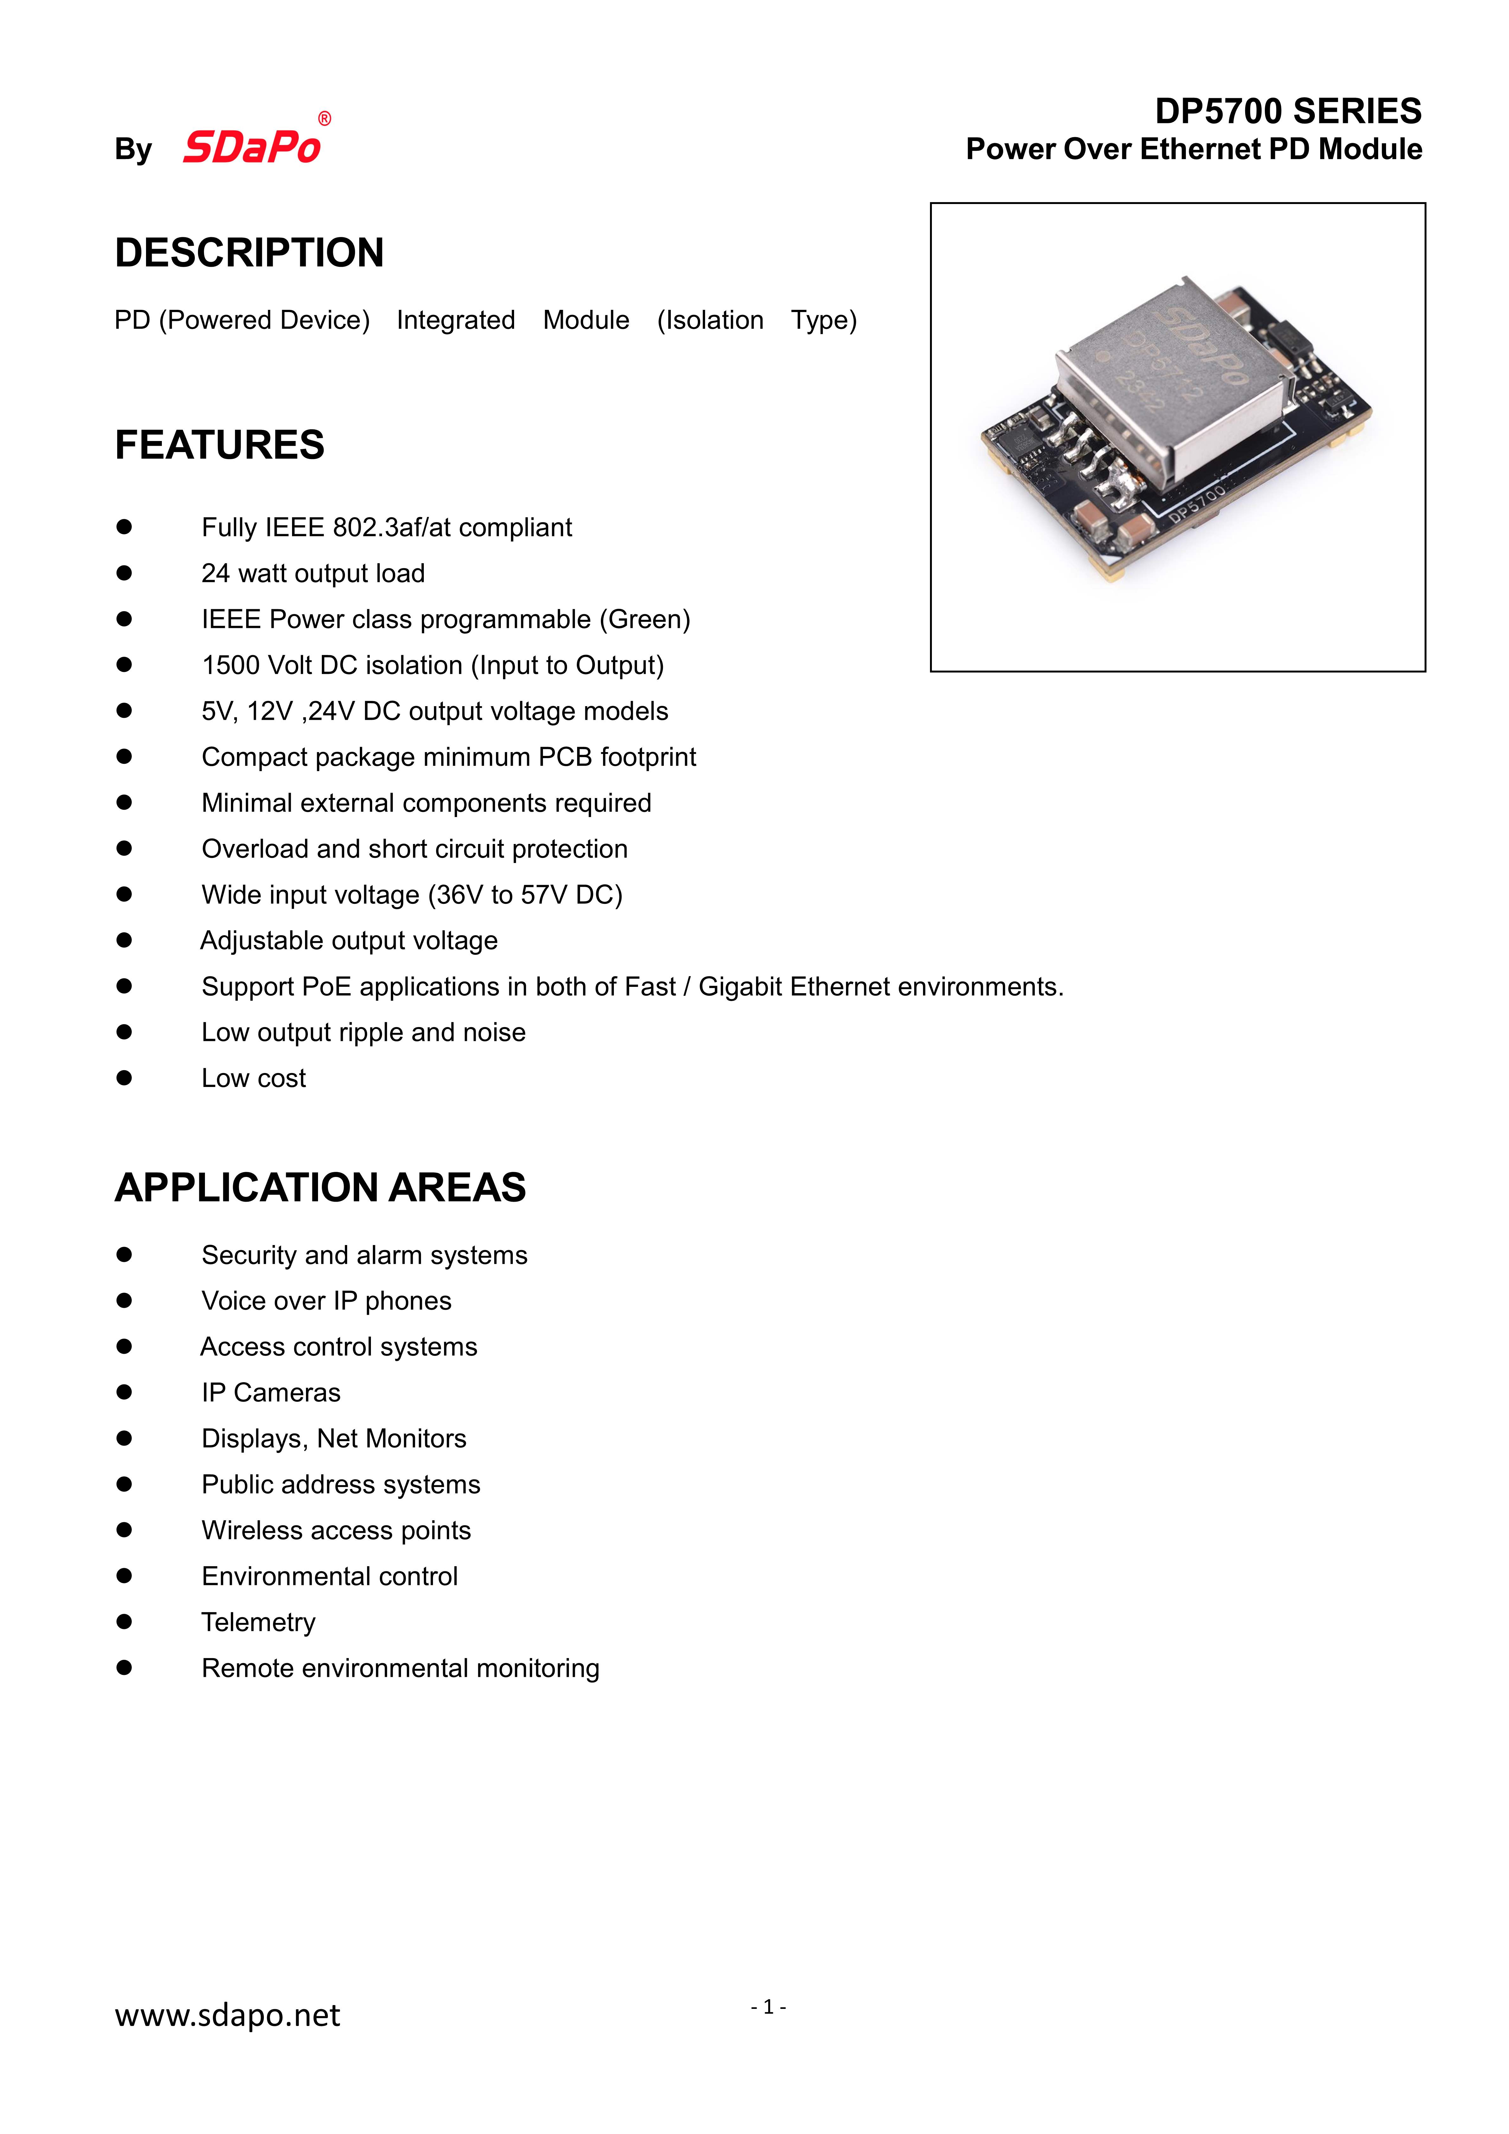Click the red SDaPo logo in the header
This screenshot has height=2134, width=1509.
click(252, 147)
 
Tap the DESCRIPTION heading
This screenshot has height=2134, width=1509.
click(249, 253)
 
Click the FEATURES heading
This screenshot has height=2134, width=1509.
click(219, 445)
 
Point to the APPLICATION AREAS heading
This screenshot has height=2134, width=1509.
click(320, 1188)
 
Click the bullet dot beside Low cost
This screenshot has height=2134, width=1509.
click(124, 1078)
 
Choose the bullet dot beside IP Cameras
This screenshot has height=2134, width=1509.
click(124, 1392)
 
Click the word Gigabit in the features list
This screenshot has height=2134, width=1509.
click(741, 987)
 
